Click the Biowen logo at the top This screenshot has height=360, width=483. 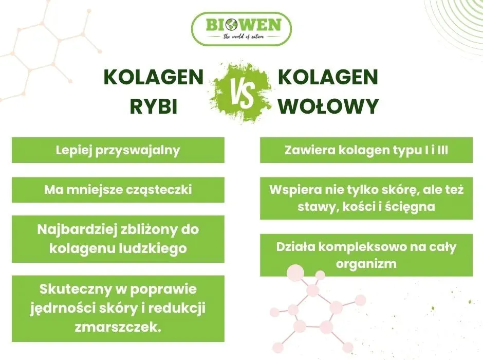coord(241,29)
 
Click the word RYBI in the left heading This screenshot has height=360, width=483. coord(154,106)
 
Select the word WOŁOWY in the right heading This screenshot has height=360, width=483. coord(328,106)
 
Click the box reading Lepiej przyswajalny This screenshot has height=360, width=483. coord(118,150)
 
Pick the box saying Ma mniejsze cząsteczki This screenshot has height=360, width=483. coord(118,190)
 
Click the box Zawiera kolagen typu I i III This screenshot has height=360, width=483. coord(366,150)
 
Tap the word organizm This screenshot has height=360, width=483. coord(366,264)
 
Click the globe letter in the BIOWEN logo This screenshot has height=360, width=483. coord(235,24)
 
